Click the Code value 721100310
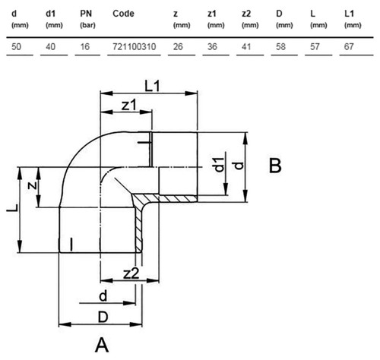pos(135,46)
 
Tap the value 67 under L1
pos(349,46)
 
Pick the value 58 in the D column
pos(280,46)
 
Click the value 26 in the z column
pos(178,46)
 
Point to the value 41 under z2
pos(246,46)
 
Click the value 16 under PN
pos(85,46)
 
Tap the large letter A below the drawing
pos(102,346)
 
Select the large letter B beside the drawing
pos(275,166)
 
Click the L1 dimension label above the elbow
pos(152,86)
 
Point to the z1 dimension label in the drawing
pos(129,106)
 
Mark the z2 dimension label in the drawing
pos(131,273)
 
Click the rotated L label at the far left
pos(12,207)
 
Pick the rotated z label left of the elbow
pos(32,186)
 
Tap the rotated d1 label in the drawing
pos(220,165)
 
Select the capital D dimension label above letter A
pos(103,317)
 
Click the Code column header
pos(123,14)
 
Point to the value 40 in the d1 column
pos(50,46)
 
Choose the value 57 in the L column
pos(315,46)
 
